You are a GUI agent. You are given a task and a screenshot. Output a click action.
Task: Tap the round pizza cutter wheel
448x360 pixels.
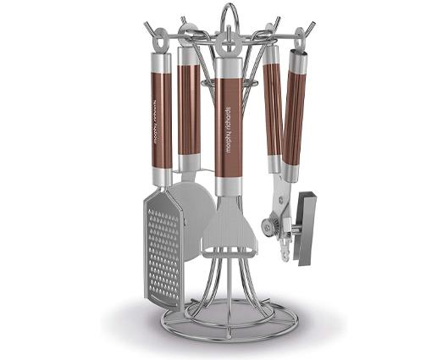click(198, 219)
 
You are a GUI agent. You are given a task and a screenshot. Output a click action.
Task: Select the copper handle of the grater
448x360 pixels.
click(160, 119)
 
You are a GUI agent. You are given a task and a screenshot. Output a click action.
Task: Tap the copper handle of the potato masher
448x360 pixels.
click(227, 127)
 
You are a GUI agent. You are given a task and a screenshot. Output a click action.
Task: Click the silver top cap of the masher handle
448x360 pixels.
click(228, 67)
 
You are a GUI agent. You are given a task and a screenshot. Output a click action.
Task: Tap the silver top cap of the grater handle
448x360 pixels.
click(161, 62)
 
